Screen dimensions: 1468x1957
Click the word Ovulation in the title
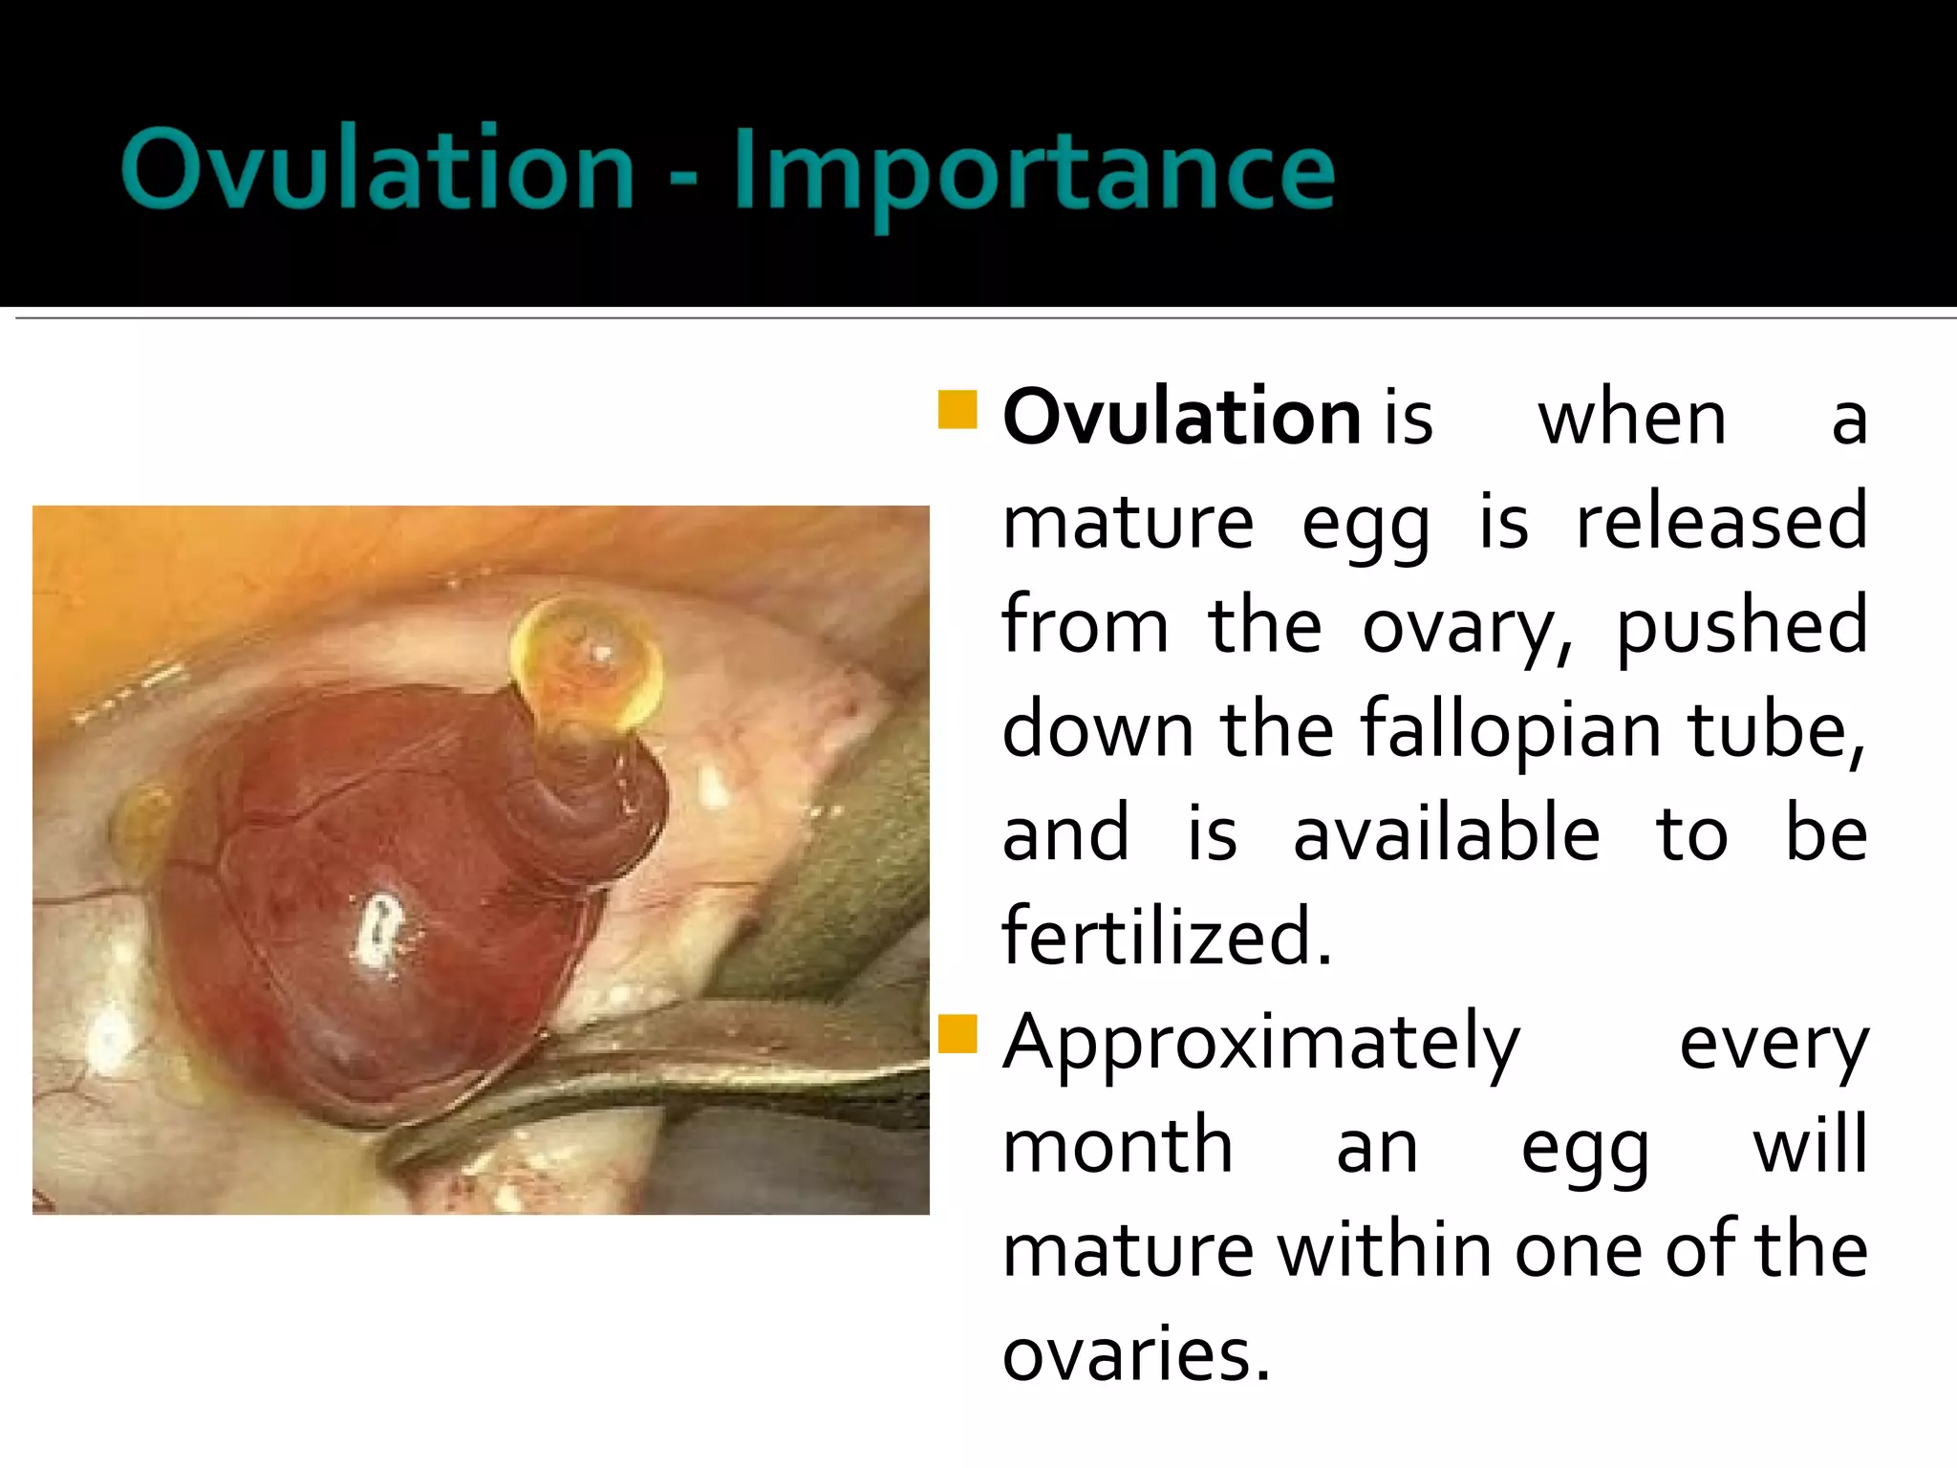click(378, 170)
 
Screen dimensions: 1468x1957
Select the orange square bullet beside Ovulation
click(957, 409)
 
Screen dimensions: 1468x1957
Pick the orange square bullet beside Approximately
click(957, 1033)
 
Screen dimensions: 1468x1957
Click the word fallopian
click(1511, 730)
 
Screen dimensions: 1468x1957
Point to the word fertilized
click(1166, 937)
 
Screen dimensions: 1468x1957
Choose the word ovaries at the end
click(1136, 1353)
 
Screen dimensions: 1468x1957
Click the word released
click(1721, 522)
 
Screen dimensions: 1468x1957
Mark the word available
click(1446, 833)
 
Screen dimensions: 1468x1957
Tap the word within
click(1387, 1249)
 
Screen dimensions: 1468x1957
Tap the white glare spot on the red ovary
click(377, 927)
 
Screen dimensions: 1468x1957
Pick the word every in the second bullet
click(1774, 1044)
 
